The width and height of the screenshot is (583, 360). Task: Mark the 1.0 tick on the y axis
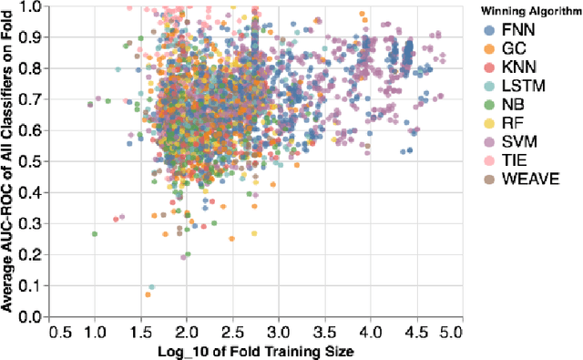[x=28, y=5]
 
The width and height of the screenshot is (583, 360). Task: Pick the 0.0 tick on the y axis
[x=28, y=316]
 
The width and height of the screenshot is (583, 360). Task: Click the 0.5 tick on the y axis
[x=28, y=161]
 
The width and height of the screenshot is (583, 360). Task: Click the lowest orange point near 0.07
[x=148, y=294]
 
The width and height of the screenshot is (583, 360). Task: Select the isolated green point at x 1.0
[x=95, y=234]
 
